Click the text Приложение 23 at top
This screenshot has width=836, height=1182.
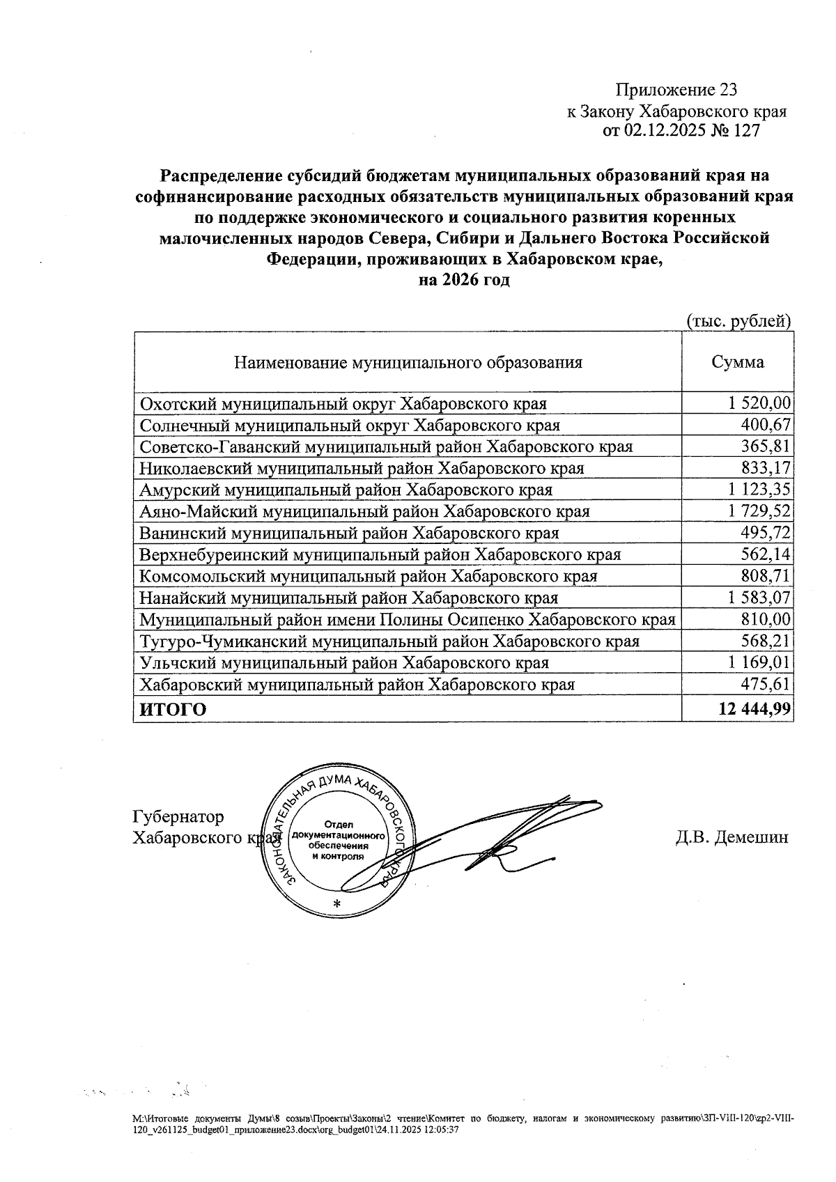click(x=675, y=90)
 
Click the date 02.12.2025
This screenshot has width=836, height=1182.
click(x=664, y=131)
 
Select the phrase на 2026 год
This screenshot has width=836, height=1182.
click(x=463, y=280)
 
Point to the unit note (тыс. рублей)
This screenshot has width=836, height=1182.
click(x=739, y=321)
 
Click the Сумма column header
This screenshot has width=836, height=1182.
click(x=737, y=362)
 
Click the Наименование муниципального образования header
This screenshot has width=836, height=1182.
click(x=408, y=363)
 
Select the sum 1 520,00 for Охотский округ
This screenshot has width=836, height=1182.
click(x=759, y=403)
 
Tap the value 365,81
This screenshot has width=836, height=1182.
click(x=768, y=446)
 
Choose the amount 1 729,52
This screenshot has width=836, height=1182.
click(x=759, y=511)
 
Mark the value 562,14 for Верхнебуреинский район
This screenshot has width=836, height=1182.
click(x=768, y=554)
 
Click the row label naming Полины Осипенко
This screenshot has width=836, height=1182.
click(x=408, y=619)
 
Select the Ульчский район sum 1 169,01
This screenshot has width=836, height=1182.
click(x=759, y=662)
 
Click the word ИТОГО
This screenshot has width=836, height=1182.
click(x=173, y=710)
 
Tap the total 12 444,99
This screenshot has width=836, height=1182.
click(x=754, y=710)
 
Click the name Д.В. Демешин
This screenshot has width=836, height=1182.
click(x=731, y=837)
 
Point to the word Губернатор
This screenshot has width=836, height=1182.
click(x=178, y=816)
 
